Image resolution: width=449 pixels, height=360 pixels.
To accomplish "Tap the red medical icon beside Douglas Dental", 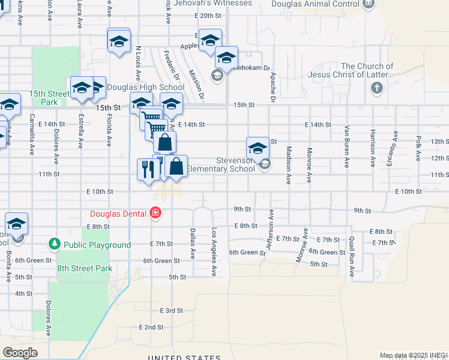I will click(x=155, y=212).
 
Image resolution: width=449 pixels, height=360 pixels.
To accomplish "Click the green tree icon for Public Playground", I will click(x=55, y=244).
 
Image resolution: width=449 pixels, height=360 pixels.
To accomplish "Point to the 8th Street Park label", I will click(x=85, y=268).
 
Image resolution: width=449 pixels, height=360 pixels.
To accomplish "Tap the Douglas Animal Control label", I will click(x=315, y=4).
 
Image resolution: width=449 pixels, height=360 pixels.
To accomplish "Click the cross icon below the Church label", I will click(x=376, y=89).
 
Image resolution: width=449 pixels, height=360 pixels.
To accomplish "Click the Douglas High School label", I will click(x=145, y=88).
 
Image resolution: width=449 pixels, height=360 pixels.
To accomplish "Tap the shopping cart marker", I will click(x=155, y=126).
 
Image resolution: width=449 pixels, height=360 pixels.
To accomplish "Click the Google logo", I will click(x=20, y=353).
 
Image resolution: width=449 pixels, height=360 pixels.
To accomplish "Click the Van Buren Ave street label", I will click(x=346, y=146).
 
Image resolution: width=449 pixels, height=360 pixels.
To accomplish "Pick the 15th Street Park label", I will click(x=49, y=98).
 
